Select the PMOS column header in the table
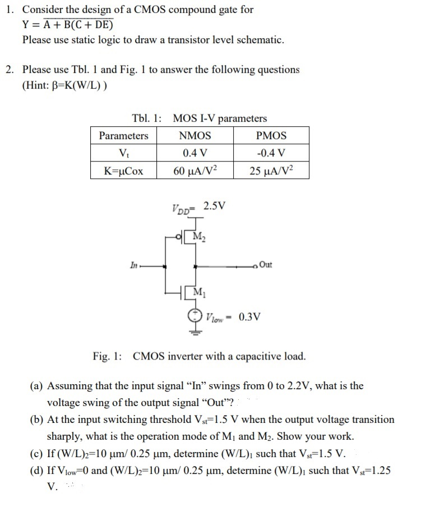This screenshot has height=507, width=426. (271, 136)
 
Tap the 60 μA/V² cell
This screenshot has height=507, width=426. (195, 170)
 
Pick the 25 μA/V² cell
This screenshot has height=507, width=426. (271, 170)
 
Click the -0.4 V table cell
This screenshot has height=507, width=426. (271, 153)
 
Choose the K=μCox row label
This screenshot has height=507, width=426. (123, 170)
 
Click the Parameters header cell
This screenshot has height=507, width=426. (123, 136)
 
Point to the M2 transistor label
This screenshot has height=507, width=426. (198, 236)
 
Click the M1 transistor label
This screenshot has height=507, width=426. (198, 292)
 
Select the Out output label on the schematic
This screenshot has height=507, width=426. (266, 265)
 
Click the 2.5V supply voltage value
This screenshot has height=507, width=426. (215, 205)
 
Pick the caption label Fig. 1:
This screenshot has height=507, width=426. (109, 356)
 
